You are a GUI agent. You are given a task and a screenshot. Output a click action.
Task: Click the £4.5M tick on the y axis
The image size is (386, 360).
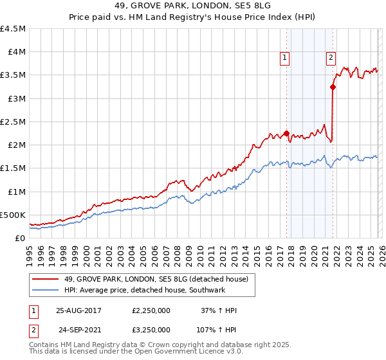14,29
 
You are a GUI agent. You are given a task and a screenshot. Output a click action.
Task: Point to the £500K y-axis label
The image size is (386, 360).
14,215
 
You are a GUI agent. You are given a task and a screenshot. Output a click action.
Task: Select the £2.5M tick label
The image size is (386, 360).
14,122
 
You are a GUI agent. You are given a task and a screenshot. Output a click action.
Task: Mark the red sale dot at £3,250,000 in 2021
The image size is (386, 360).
333,87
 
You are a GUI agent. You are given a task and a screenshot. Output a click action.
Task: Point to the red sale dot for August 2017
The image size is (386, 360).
286,134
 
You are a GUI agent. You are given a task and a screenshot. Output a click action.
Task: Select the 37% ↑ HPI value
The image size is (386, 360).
219,310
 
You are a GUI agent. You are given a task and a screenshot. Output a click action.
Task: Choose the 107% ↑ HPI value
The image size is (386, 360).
217,329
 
